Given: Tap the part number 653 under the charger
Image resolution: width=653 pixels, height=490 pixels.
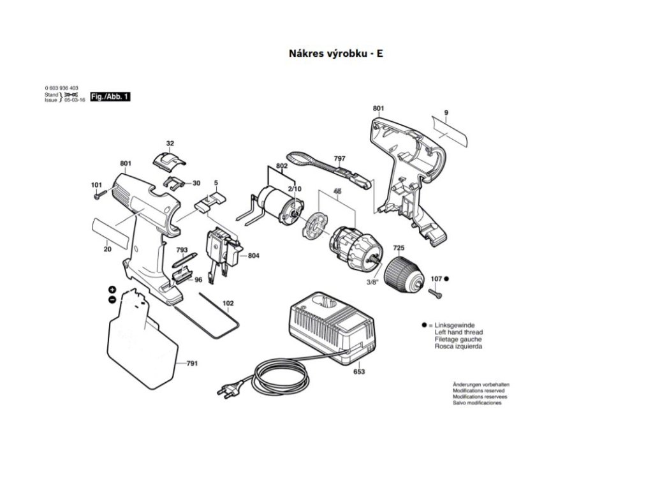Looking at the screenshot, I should coord(359,371).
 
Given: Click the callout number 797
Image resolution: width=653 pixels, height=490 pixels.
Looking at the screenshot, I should coord(339,158).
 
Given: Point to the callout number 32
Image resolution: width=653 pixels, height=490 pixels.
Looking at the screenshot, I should coord(170,143).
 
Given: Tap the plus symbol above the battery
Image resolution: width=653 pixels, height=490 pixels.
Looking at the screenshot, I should coord(112,290).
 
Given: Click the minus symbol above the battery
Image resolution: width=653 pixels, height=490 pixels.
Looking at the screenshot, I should coord(112,299).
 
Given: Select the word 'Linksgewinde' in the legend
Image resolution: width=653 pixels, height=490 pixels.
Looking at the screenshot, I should coord(455,325).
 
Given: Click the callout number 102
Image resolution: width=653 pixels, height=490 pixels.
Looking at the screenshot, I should coord(228,303).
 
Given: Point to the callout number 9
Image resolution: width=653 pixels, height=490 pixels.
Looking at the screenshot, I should coord(446,112).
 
